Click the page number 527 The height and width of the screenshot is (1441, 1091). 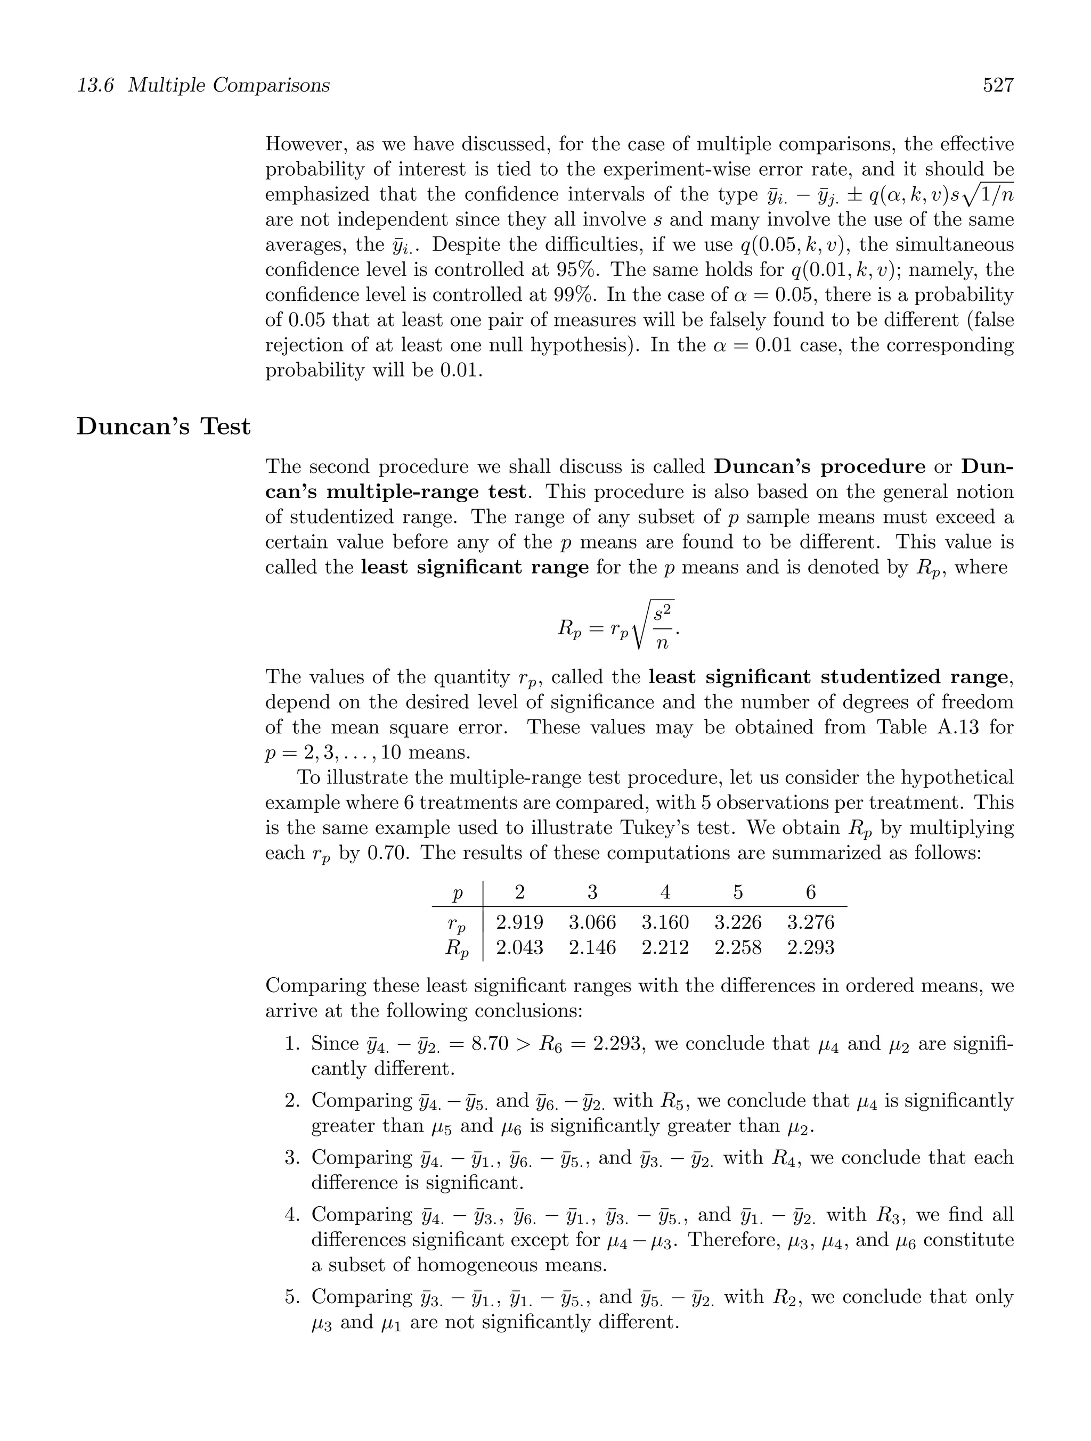click(x=998, y=85)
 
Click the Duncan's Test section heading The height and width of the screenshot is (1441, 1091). click(x=164, y=427)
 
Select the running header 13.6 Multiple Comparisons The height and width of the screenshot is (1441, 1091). click(x=203, y=85)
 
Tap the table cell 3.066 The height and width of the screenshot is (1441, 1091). click(x=592, y=922)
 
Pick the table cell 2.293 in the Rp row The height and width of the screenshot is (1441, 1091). click(x=810, y=947)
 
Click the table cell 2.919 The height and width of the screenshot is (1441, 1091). click(x=519, y=922)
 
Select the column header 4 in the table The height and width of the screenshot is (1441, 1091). click(x=665, y=892)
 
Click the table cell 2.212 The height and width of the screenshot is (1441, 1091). click(x=665, y=947)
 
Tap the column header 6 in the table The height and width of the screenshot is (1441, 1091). click(x=810, y=892)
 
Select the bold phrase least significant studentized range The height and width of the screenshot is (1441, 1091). click(x=828, y=677)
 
